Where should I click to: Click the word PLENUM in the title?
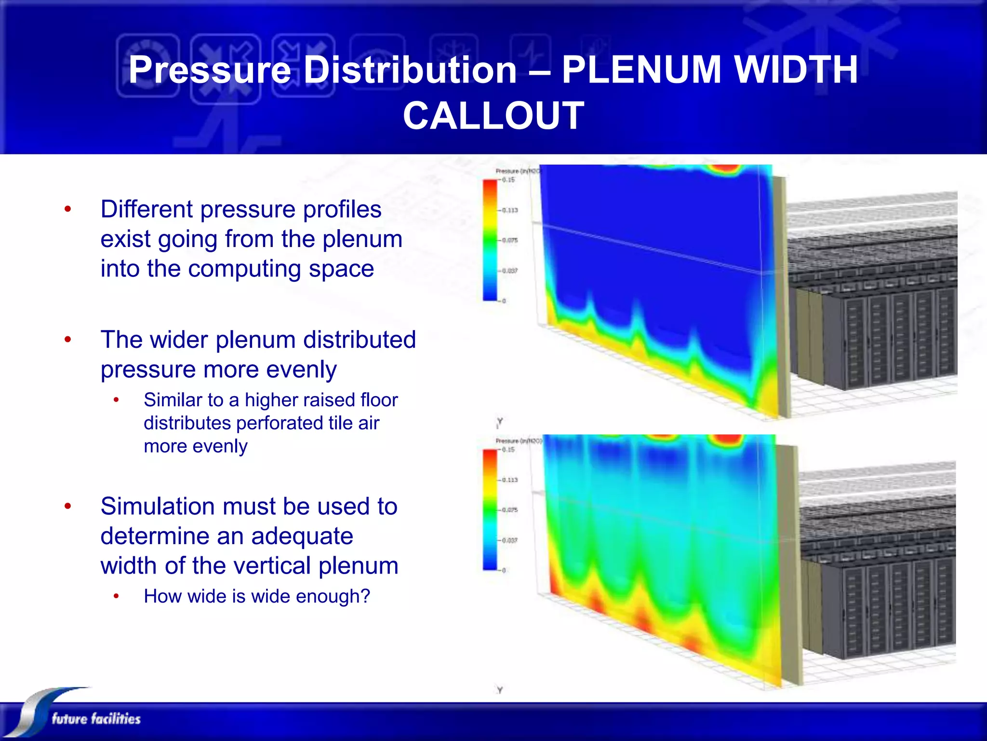[x=642, y=70]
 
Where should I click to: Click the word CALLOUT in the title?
[x=493, y=116]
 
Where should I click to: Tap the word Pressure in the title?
[x=210, y=70]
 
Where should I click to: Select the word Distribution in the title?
[x=411, y=70]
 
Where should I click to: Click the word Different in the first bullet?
[x=146, y=209]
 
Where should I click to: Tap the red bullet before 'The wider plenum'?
[x=68, y=339]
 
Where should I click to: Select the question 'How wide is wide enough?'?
[x=257, y=596]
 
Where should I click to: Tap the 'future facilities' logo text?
[x=96, y=719]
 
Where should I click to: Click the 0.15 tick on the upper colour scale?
[x=508, y=180]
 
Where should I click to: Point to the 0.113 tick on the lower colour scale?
[x=509, y=480]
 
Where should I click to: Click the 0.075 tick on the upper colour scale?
[x=509, y=240]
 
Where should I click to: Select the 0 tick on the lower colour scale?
[x=504, y=570]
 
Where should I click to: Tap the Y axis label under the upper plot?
[x=500, y=422]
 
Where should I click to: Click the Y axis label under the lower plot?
[x=500, y=690]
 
